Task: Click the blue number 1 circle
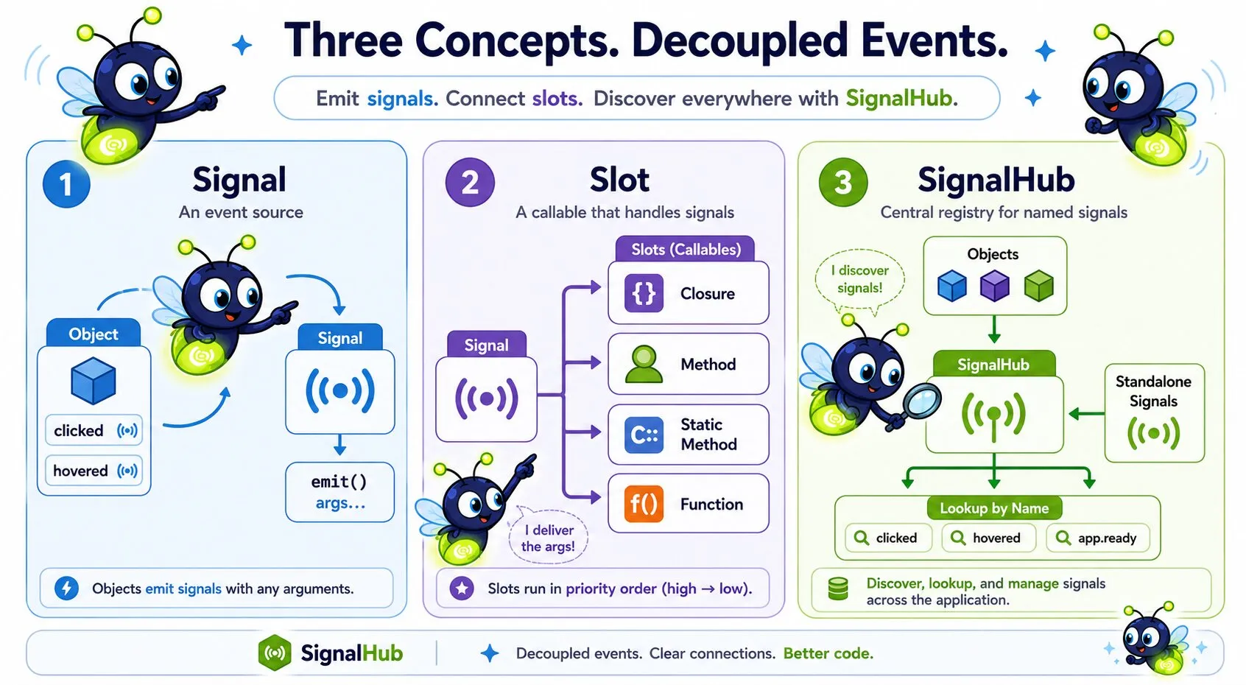coord(66,184)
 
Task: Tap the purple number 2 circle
coord(470,183)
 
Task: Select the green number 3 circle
coord(843,183)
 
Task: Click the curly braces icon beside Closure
coord(644,293)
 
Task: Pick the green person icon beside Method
coord(644,364)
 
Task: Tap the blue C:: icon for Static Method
coord(644,435)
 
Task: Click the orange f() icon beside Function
coord(644,504)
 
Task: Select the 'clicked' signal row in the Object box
coord(94,430)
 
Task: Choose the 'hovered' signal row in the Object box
coord(94,471)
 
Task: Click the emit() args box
coord(340,492)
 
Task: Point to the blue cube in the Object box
coord(94,381)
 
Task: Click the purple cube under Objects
coord(995,286)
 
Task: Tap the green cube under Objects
coord(1038,286)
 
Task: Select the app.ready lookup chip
coord(1098,538)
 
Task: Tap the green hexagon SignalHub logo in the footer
coord(275,652)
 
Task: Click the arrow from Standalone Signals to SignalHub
coord(1086,413)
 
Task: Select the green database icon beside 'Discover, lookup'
coord(838,589)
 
